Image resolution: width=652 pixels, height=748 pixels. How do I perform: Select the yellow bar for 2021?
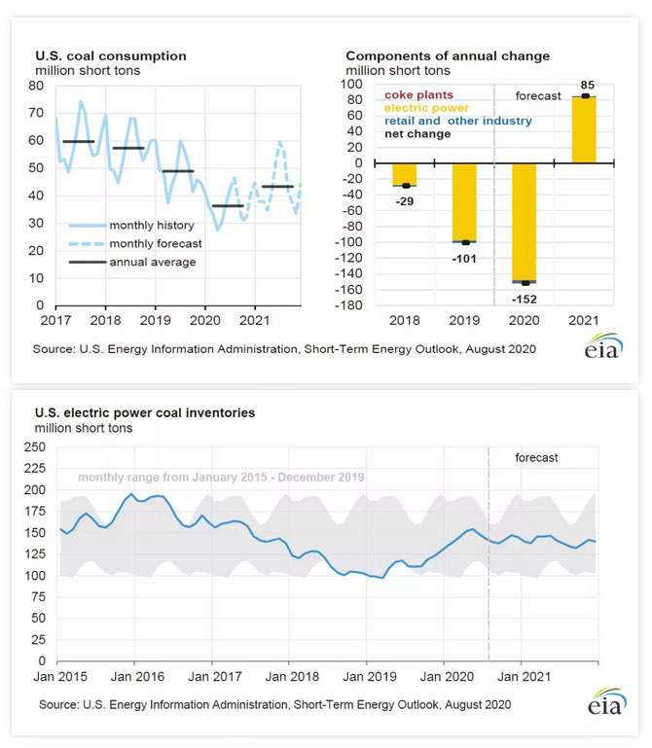pos(584,129)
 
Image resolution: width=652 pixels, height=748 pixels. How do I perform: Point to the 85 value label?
pos(585,84)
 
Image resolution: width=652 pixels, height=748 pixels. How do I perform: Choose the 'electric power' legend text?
pos(426,108)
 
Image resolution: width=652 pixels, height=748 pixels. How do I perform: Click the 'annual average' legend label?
pos(152,262)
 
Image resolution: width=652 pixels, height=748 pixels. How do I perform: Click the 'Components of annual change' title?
pos(448,56)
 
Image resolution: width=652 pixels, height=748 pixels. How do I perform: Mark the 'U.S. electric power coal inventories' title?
pos(145,412)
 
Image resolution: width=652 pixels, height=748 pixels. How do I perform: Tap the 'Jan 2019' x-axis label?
pos(367,674)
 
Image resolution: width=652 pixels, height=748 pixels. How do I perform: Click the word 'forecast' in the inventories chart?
pos(536,457)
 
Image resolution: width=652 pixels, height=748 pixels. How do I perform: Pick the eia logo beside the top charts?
pos(603,346)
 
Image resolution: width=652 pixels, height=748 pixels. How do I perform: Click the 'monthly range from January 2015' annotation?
pos(221,478)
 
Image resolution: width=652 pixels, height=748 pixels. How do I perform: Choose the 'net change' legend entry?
pos(417,134)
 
